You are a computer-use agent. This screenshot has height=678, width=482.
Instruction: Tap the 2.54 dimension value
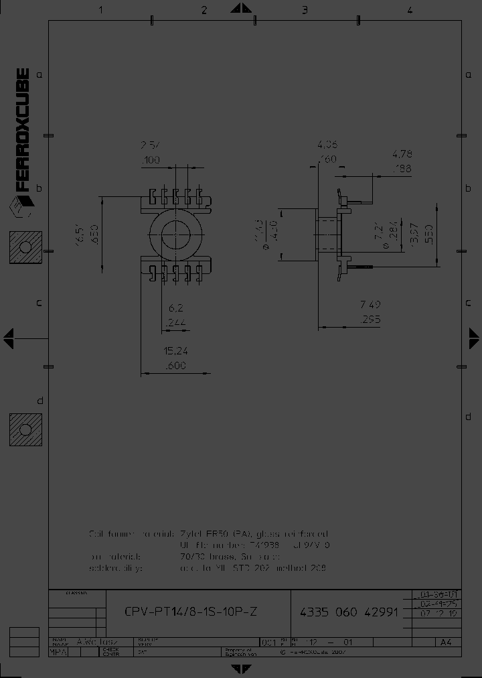(x=151, y=145)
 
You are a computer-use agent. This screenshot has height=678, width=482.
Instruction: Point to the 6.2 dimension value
(x=175, y=308)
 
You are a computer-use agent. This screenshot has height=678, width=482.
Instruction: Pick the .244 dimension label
(x=175, y=322)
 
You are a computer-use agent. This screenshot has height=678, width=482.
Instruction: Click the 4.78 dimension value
(x=402, y=155)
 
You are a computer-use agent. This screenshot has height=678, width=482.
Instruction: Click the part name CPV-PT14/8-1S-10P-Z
(x=191, y=612)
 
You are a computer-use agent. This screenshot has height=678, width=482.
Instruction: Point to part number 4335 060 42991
(x=349, y=612)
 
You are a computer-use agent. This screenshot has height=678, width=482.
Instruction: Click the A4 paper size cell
(x=445, y=642)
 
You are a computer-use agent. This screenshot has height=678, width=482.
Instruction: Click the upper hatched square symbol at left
(x=25, y=247)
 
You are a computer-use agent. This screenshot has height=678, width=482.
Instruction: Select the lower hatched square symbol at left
(x=25, y=429)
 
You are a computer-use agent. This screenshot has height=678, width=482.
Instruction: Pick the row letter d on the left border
(x=39, y=401)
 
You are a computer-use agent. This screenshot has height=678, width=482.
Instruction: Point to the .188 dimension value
(x=402, y=169)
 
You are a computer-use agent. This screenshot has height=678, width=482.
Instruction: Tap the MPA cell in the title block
(x=59, y=650)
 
